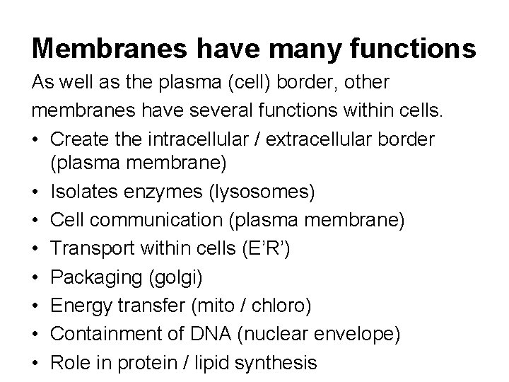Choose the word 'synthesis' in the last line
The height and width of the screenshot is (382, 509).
pos(272,364)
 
